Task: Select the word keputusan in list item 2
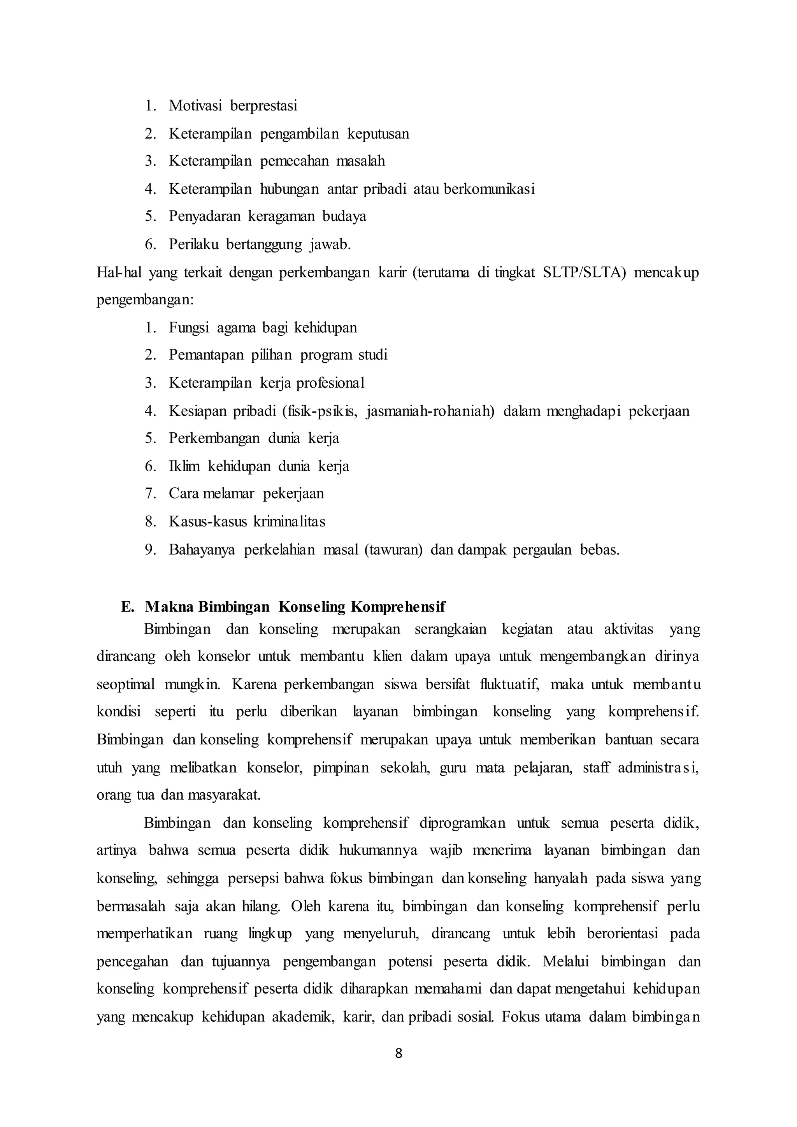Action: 378,133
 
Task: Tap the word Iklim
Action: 184,466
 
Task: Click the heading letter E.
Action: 127,607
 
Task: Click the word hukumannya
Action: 378,850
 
